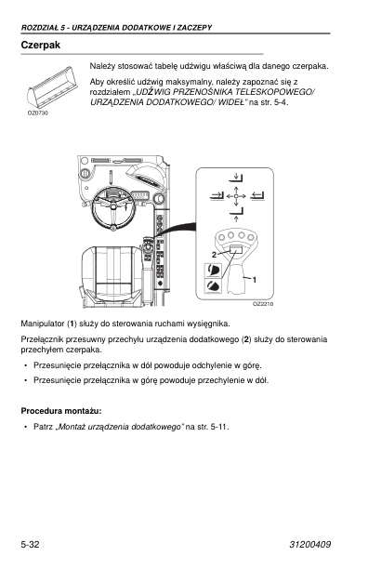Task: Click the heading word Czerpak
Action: click(x=41, y=45)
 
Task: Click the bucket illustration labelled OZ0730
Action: click(x=52, y=87)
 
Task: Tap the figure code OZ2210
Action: click(x=263, y=304)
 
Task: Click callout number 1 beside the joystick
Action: click(x=255, y=280)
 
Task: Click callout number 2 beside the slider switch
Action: click(x=214, y=255)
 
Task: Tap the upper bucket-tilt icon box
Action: click(x=213, y=271)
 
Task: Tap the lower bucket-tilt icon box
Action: click(x=213, y=286)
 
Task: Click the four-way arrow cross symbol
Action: click(x=236, y=196)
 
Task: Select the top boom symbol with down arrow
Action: click(x=236, y=177)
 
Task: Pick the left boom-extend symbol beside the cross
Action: click(x=217, y=196)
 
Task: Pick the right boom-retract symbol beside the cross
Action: click(x=257, y=196)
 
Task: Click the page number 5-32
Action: click(x=30, y=544)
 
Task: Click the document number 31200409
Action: click(x=310, y=544)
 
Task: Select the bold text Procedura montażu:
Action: click(x=61, y=411)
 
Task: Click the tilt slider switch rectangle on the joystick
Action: click(x=236, y=249)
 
